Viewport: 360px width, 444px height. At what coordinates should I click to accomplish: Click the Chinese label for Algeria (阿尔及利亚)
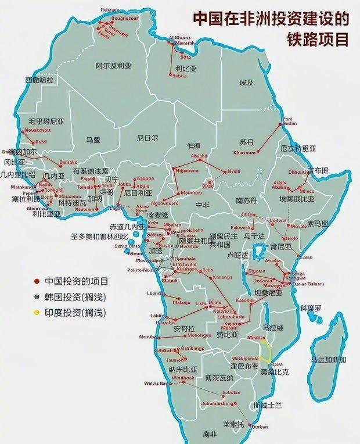click(113, 66)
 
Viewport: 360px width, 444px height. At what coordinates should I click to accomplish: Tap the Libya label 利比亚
click(186, 68)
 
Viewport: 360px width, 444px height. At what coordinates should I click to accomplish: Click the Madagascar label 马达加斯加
click(328, 360)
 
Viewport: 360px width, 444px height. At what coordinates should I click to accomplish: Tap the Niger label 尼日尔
click(147, 138)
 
